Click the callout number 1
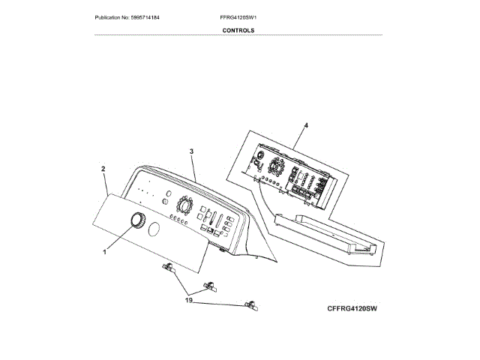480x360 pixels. click(x=105, y=252)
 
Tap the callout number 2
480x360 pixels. click(x=103, y=169)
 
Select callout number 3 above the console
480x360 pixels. click(x=192, y=151)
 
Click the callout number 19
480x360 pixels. click(x=190, y=300)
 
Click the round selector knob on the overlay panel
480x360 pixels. click(x=138, y=220)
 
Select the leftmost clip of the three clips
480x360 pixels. click(x=167, y=268)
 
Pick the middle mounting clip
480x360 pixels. click(x=211, y=284)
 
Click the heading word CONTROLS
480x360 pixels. click(x=238, y=31)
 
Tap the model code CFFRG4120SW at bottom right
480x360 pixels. click(x=351, y=307)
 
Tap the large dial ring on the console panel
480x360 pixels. click(x=183, y=205)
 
